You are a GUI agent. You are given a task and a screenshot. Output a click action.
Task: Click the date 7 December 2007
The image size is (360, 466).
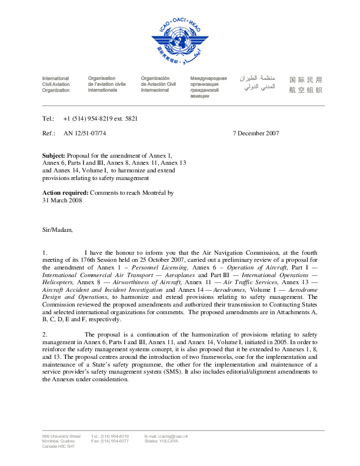256,134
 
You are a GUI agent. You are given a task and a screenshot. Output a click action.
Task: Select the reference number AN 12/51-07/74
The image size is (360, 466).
85,134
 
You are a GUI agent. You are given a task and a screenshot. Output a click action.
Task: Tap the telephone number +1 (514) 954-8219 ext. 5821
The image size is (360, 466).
100,118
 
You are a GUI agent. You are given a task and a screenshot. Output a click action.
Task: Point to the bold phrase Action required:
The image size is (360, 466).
65,192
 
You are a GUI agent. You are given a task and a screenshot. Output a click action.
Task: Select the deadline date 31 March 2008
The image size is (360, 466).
62,200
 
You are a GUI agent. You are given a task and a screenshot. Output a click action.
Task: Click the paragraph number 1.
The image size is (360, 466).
45,252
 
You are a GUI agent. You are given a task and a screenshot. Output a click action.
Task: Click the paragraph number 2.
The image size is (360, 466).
45,334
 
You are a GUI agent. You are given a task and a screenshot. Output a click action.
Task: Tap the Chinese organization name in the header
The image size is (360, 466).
306,84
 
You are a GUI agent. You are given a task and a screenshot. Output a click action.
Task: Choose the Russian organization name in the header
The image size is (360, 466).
208,87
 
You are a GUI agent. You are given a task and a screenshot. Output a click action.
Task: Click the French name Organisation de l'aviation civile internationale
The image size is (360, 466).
106,84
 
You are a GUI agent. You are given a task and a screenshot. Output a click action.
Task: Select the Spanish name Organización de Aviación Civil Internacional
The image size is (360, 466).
158,84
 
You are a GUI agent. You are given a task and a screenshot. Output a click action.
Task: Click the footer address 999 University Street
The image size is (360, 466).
61,436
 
